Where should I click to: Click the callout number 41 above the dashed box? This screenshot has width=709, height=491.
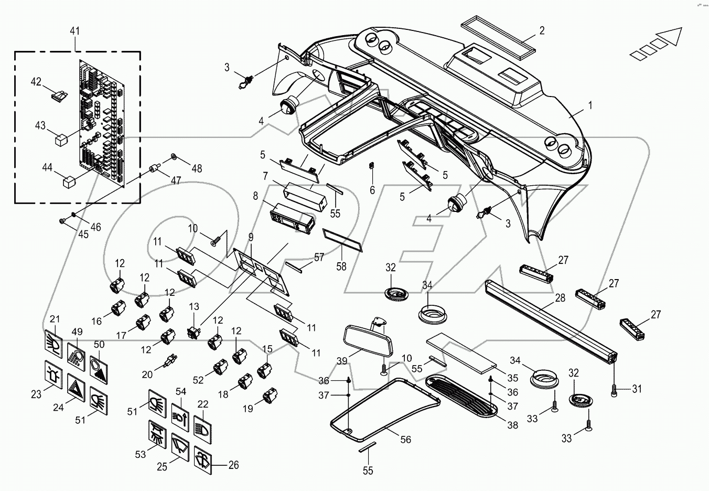(x=75, y=31)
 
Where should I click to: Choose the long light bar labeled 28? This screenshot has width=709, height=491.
(x=551, y=322)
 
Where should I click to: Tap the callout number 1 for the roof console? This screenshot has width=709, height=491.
(x=590, y=105)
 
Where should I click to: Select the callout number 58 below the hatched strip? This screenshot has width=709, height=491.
(x=341, y=266)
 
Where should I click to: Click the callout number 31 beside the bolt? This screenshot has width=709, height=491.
(x=636, y=389)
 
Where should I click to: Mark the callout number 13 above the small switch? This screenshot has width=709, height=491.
(x=194, y=306)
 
